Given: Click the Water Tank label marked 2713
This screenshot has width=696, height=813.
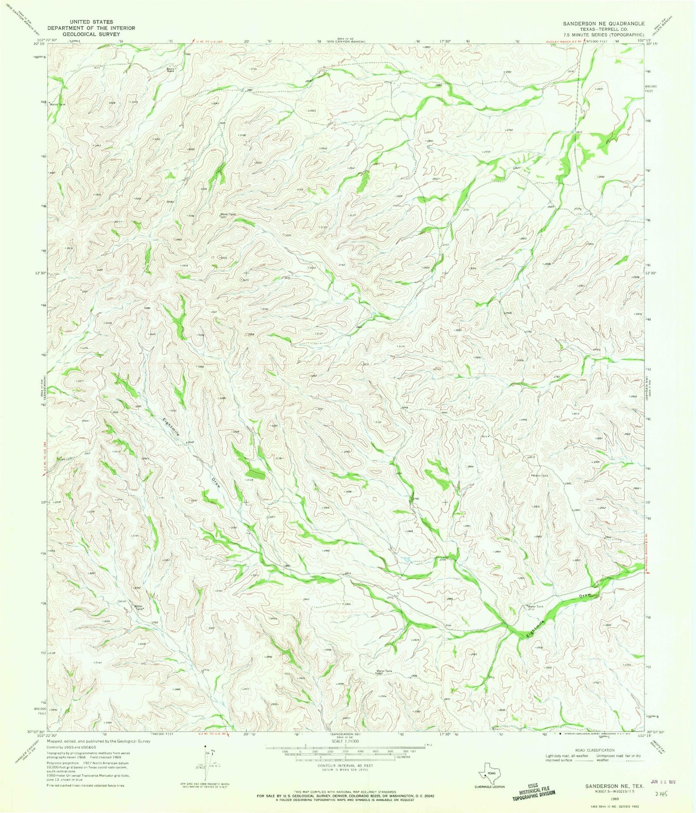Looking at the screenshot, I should (536, 607).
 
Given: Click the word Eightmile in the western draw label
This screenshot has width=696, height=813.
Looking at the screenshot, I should (171, 427).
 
